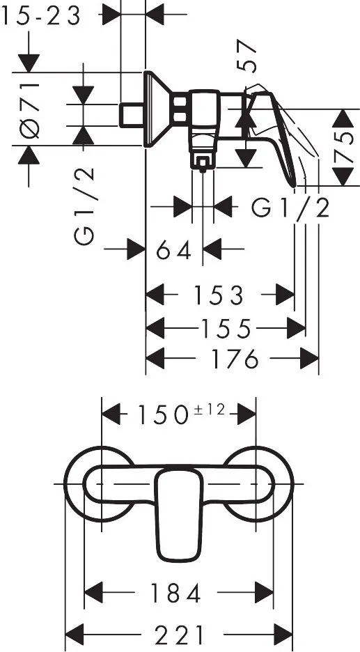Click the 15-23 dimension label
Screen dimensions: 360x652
click(x=41, y=17)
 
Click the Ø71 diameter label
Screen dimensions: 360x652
click(x=31, y=110)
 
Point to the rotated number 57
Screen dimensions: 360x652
click(x=246, y=55)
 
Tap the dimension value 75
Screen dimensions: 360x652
click(x=343, y=147)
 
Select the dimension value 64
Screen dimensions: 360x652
click(x=174, y=250)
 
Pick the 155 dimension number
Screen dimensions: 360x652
click(x=227, y=329)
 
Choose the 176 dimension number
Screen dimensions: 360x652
click(x=235, y=359)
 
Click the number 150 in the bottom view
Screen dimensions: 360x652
click(x=163, y=415)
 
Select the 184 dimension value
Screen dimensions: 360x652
click(x=176, y=593)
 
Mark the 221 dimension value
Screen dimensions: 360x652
click(x=180, y=636)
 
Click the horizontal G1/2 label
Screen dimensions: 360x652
click(x=290, y=208)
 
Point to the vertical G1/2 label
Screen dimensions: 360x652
click(x=84, y=206)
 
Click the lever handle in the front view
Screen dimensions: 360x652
click(x=178, y=514)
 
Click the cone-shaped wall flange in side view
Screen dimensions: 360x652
click(x=158, y=109)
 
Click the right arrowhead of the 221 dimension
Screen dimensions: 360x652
click(x=284, y=635)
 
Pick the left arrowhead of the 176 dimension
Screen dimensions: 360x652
click(x=155, y=359)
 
